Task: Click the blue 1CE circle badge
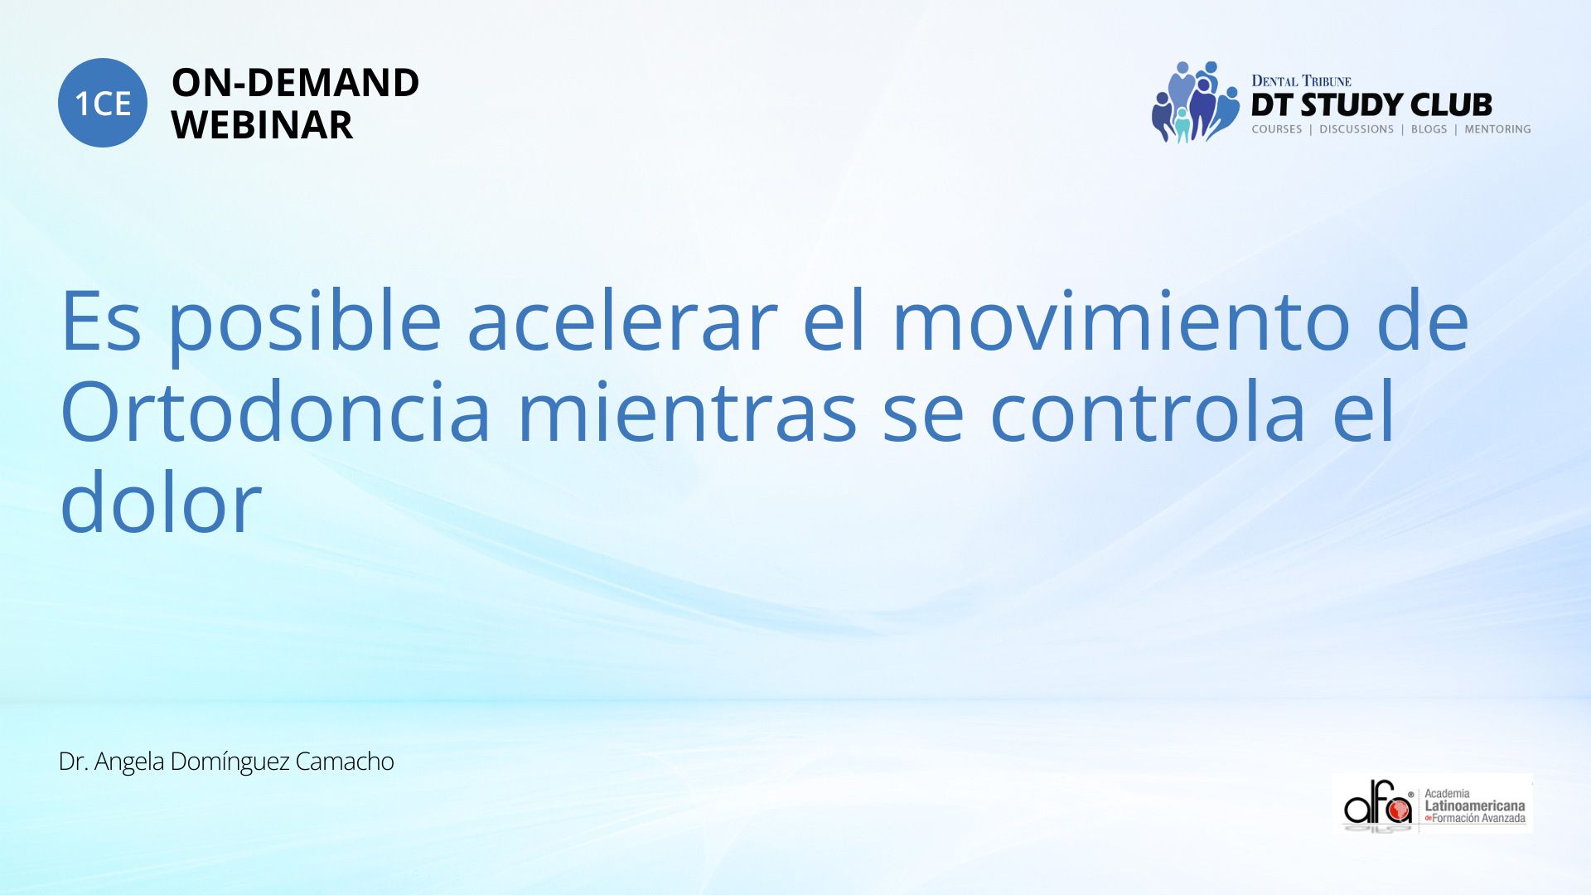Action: [103, 103]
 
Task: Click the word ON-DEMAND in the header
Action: [295, 83]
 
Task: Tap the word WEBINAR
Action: [262, 125]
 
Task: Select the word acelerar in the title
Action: [622, 322]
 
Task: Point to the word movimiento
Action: [1121, 322]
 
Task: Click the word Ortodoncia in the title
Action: [276, 412]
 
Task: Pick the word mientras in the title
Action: [687, 412]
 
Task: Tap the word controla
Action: [1149, 412]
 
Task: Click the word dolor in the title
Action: [161, 502]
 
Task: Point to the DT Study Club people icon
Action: [1194, 102]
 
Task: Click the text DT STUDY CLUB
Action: [1371, 105]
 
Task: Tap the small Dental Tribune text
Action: [1301, 81]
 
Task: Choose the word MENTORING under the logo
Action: [1497, 129]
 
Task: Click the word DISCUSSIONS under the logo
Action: [1356, 129]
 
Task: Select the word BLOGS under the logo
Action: [1429, 129]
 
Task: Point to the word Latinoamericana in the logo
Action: [1474, 806]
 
